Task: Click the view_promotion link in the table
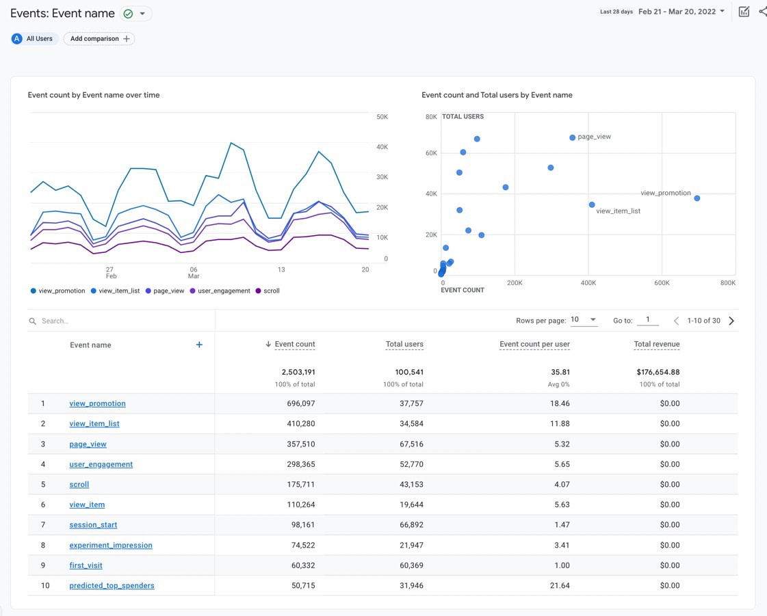pyautogui.click(x=97, y=403)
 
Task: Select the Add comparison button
pyautogui.click(x=99, y=39)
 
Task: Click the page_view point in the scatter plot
pyautogui.click(x=573, y=137)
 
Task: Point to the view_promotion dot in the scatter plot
pyautogui.click(x=697, y=198)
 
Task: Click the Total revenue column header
pyautogui.click(x=656, y=345)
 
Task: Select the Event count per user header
pyautogui.click(x=534, y=345)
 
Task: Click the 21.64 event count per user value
pyautogui.click(x=560, y=586)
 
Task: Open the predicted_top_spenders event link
pyautogui.click(x=112, y=586)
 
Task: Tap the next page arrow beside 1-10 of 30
pyautogui.click(x=731, y=321)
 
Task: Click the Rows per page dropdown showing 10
pyautogui.click(x=584, y=320)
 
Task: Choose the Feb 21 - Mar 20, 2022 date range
pyautogui.click(x=681, y=12)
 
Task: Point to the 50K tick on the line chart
pyautogui.click(x=382, y=117)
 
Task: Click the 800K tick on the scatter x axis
pyautogui.click(x=727, y=282)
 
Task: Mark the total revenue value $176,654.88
pyautogui.click(x=656, y=373)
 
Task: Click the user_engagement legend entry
pyautogui.click(x=224, y=291)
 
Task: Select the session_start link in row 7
pyautogui.click(x=93, y=525)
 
